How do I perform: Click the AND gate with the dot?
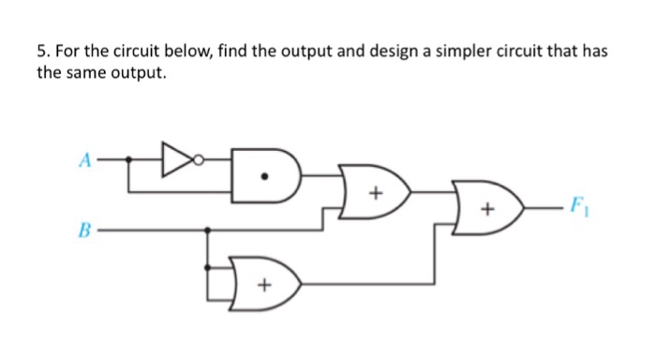266,175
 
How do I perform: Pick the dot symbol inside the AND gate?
273,175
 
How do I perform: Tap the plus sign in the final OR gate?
486,210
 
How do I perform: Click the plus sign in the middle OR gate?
375,195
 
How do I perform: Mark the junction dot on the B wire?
207,228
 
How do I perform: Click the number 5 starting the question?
40,51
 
